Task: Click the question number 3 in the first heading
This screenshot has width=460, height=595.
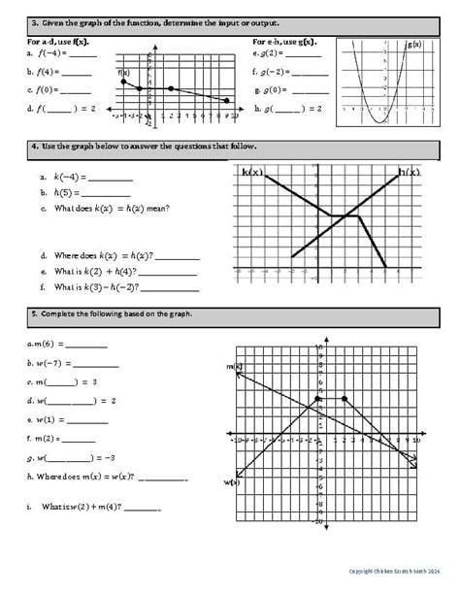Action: point(34,21)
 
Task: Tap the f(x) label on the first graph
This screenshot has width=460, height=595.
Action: point(123,73)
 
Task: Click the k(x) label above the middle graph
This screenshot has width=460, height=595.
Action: point(251,172)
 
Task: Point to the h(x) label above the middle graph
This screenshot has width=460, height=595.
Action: point(410,172)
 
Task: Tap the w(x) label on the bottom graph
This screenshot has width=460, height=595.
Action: point(231,481)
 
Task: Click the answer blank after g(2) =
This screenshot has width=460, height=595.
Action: point(302,55)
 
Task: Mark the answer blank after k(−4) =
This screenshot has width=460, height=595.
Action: point(110,179)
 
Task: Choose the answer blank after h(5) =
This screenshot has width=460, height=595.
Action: point(101,193)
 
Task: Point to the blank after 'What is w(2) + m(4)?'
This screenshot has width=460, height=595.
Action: point(142,511)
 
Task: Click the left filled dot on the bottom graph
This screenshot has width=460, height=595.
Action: point(317,399)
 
